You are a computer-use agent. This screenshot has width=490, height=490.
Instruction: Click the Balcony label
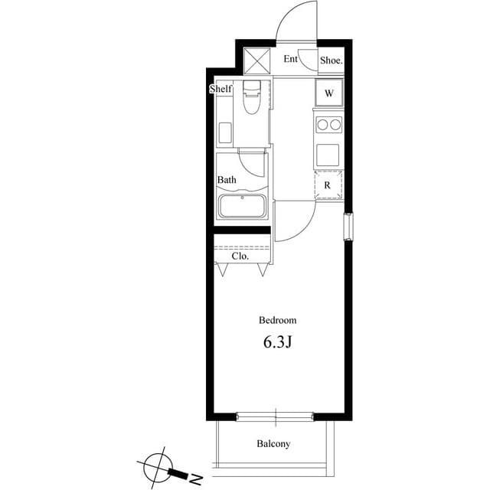273,444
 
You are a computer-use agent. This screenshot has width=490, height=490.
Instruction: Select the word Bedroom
277,321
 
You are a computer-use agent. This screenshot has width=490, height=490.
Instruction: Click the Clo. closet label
240,256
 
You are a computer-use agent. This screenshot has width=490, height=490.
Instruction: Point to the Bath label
227,181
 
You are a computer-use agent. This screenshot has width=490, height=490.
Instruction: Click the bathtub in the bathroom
242,206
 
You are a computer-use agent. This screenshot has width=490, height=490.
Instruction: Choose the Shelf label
220,90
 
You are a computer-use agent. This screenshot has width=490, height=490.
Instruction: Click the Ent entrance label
291,59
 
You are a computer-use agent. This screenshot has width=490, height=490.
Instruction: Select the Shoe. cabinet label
331,60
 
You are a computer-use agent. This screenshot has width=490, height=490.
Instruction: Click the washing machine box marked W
329,94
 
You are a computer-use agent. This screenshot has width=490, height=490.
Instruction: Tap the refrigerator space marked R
328,185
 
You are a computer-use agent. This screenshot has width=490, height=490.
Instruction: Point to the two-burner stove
328,124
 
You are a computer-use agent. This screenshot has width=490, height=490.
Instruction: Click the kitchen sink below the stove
328,154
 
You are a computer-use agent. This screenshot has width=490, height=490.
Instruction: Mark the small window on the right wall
348,226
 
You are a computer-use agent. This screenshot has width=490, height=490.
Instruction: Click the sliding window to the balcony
274,416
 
